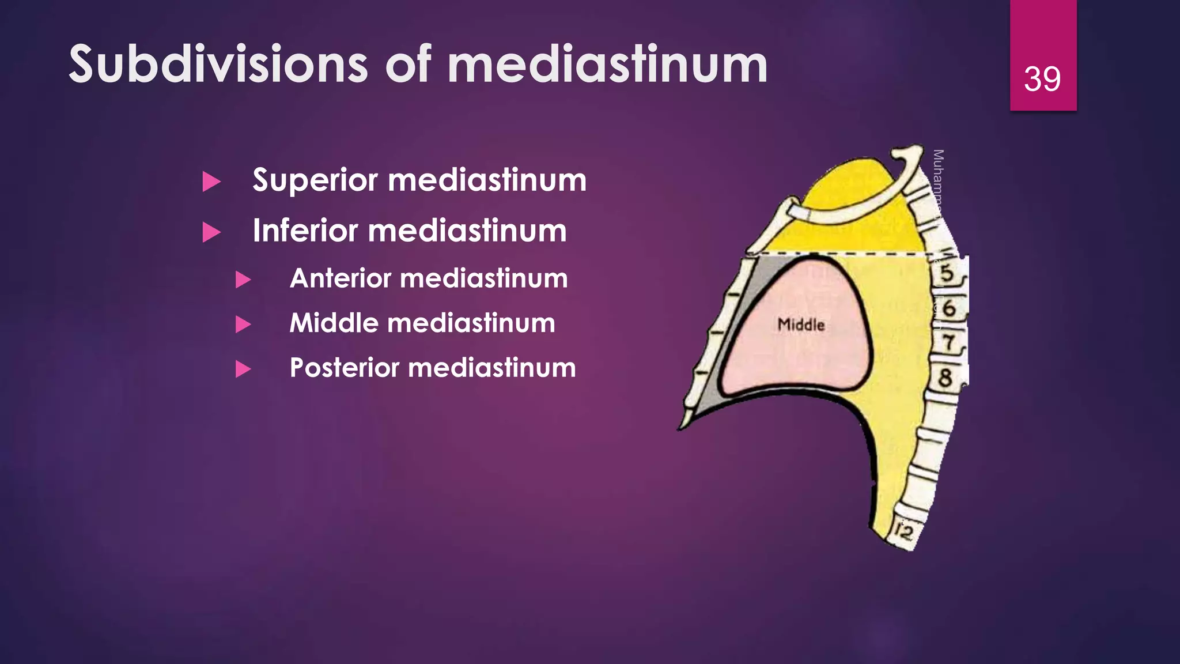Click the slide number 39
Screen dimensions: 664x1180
[x=1042, y=79]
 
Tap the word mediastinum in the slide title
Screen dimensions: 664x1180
[x=607, y=64]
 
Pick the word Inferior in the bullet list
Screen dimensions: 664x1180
[x=305, y=231]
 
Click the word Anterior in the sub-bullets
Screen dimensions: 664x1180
[x=341, y=278]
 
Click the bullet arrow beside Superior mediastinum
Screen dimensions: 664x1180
[x=211, y=182]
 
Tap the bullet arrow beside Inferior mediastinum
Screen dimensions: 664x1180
[x=211, y=232]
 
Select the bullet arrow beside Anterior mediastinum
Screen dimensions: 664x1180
[x=243, y=280]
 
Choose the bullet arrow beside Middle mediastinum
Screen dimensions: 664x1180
[x=243, y=325]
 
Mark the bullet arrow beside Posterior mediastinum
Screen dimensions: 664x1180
[x=243, y=369]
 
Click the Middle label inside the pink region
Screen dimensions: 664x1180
[x=801, y=325]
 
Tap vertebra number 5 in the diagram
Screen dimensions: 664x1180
[x=947, y=273]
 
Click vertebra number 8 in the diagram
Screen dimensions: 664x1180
[x=945, y=378]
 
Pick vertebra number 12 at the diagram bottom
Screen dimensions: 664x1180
[x=903, y=532]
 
